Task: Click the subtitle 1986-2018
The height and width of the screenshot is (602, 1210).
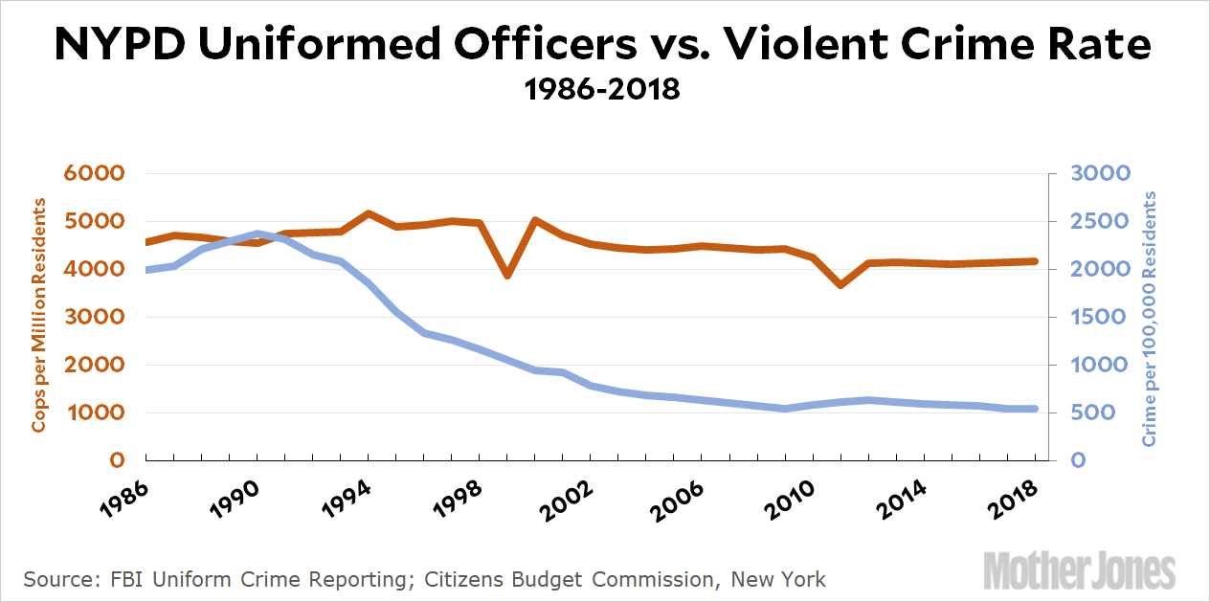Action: pyautogui.click(x=603, y=90)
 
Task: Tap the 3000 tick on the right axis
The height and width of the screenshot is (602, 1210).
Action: pyautogui.click(x=1104, y=173)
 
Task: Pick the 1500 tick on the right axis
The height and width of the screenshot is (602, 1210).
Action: pyautogui.click(x=1104, y=317)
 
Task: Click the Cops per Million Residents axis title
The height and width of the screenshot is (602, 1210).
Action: pyautogui.click(x=39, y=315)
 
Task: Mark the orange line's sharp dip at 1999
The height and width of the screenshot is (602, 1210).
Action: pyautogui.click(x=507, y=276)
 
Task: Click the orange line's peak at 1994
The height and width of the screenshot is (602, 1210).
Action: pyautogui.click(x=369, y=213)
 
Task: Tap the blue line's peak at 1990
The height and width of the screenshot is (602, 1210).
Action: pyautogui.click(x=258, y=234)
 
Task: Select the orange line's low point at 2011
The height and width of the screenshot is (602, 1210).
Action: pyautogui.click(x=840, y=285)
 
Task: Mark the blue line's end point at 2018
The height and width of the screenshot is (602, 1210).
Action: pyautogui.click(x=1035, y=409)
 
